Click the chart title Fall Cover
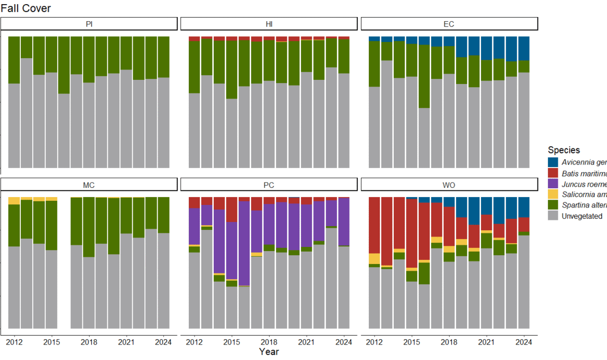26,8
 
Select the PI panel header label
89,24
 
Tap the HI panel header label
269,24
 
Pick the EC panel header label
449,24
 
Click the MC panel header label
89,185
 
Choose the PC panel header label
269,185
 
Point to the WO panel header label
449,185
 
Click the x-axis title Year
269,352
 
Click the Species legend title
564,150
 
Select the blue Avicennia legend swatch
553,162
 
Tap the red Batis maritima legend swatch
553,173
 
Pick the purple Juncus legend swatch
553,184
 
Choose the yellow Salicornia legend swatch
553,195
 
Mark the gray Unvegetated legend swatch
553,216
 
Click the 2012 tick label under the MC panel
14,342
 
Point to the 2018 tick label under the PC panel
269,342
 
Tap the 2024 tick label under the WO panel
524,342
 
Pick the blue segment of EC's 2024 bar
524,48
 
